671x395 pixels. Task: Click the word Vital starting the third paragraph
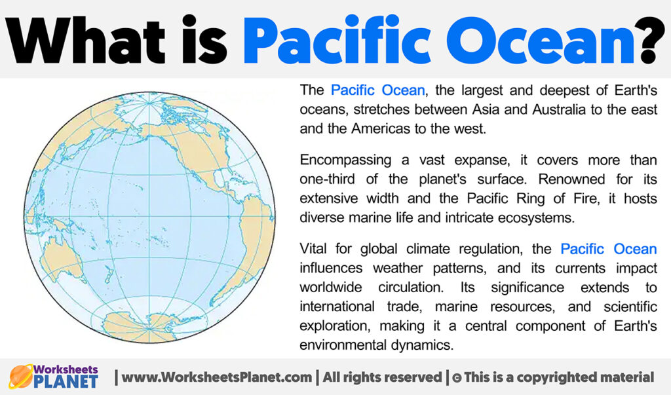[314, 249]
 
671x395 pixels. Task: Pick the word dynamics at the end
[424, 344]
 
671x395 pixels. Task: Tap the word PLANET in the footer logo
[68, 381]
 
